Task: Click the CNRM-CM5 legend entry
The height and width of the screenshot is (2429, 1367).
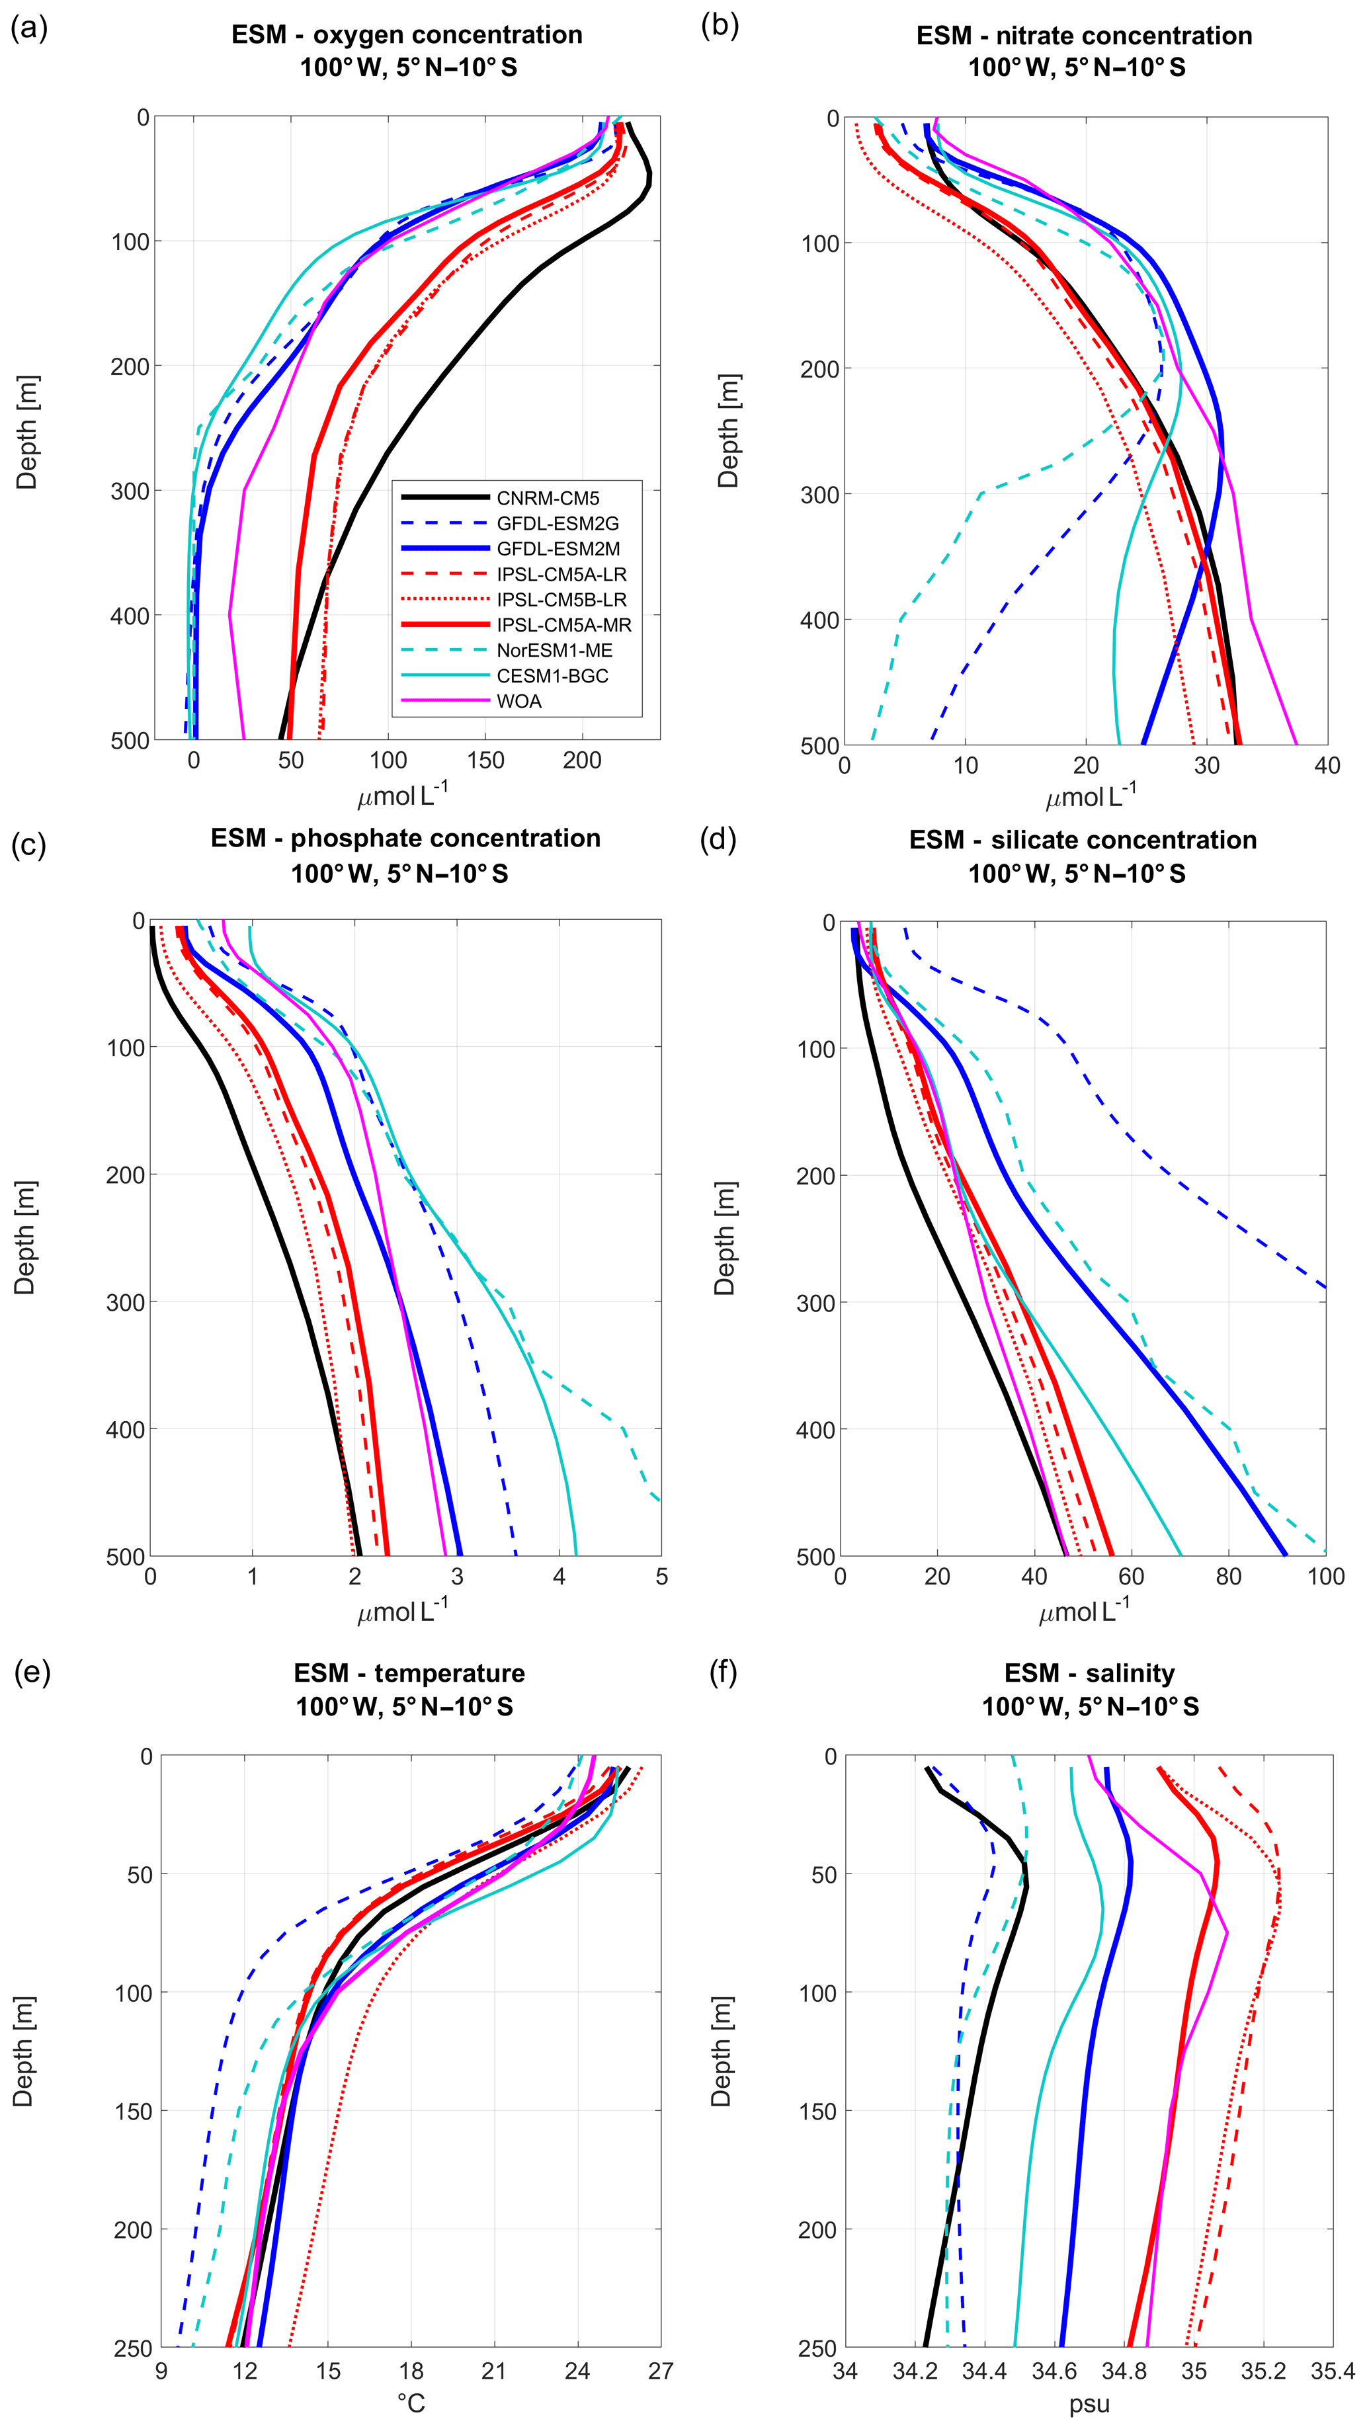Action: coord(548,498)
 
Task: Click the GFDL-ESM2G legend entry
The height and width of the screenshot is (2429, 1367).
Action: coord(557,523)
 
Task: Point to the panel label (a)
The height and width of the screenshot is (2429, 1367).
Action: coord(28,28)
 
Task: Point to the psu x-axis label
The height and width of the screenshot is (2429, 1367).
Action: coord(1089,2405)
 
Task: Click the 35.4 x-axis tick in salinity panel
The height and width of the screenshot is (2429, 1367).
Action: coord(1332,2371)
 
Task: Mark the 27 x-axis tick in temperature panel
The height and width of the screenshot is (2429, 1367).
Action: coord(660,2371)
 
